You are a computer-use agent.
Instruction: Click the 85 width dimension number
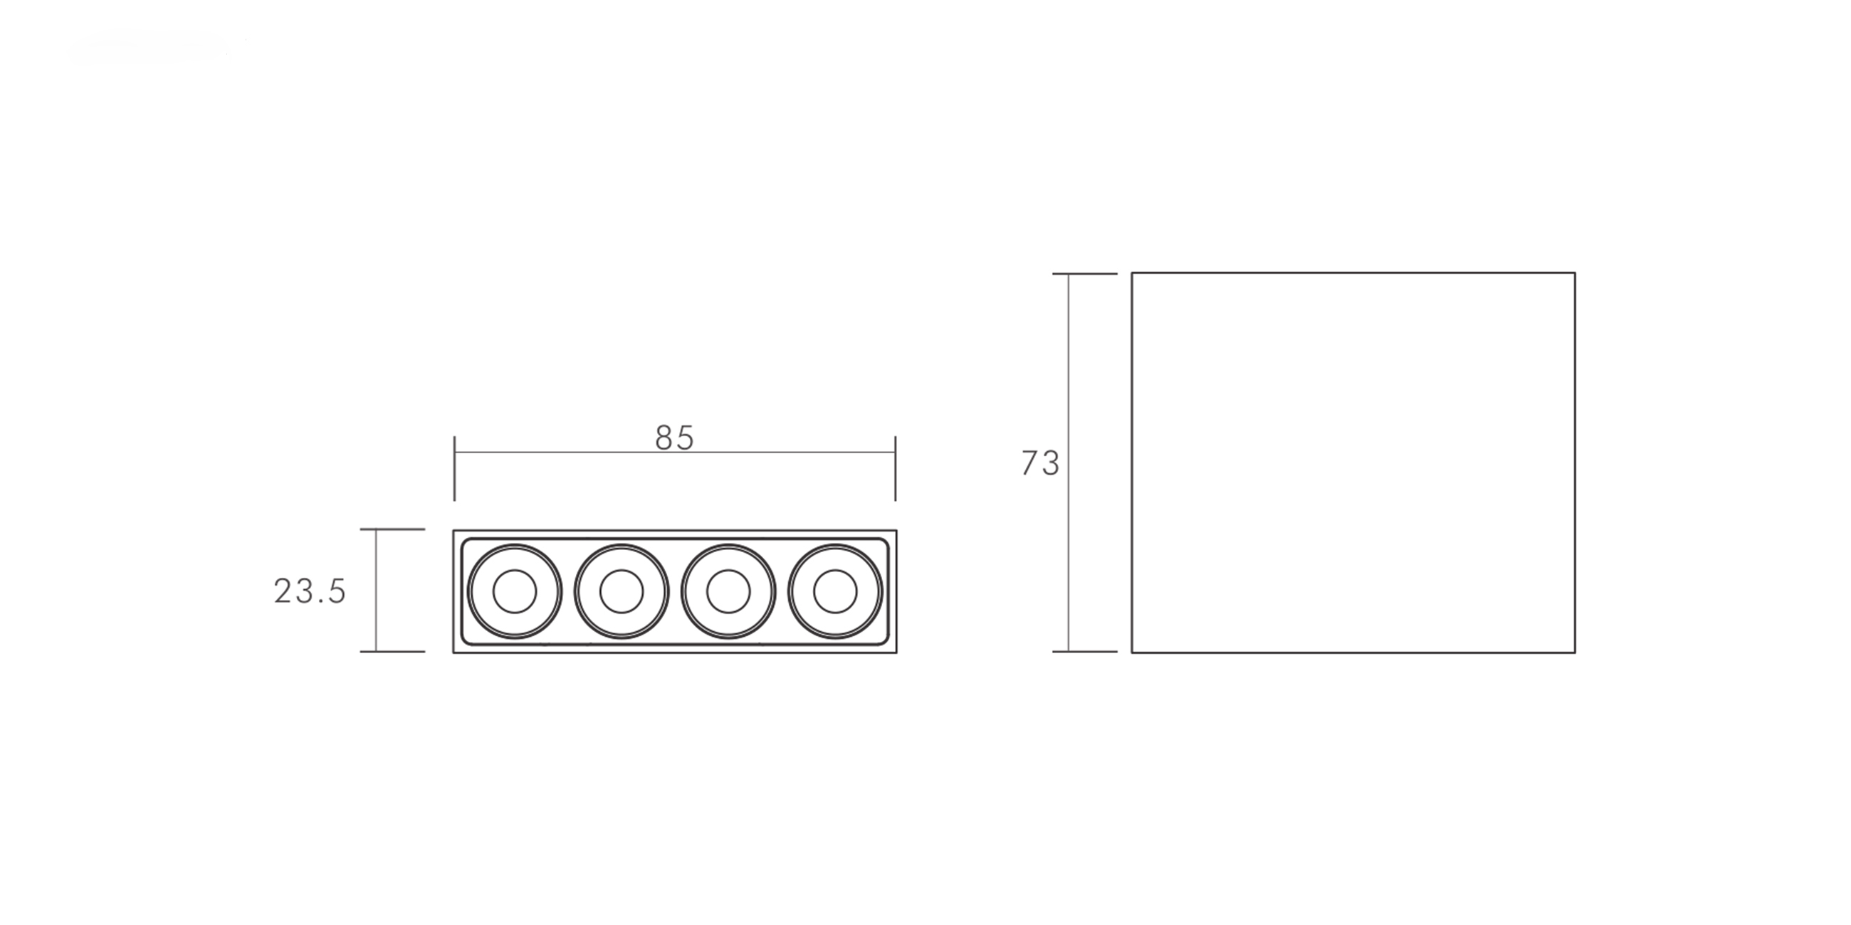pos(675,438)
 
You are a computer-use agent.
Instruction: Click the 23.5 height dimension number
pos(310,591)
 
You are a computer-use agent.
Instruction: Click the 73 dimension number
pos(1040,463)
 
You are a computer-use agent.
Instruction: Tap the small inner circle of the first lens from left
pos(515,591)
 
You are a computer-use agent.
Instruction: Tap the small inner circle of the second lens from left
pos(622,591)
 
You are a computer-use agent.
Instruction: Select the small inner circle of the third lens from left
pos(728,591)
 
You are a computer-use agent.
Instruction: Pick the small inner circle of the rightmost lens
pos(835,591)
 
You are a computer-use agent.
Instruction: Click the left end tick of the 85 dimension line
pos(454,468)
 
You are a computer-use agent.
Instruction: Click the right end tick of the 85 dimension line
pos(896,468)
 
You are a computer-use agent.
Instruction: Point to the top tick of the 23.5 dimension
pos(392,529)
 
